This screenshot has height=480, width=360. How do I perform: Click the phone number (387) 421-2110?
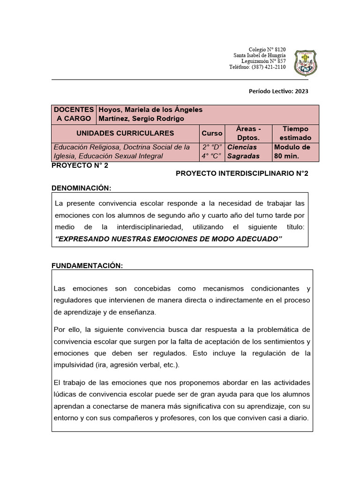click(268, 67)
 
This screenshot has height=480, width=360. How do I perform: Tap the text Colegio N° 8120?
click(267, 50)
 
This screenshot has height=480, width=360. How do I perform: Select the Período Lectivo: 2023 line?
click(278, 91)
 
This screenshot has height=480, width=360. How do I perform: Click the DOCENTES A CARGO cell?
click(74, 114)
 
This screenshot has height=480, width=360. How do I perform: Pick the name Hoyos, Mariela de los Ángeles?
click(150, 110)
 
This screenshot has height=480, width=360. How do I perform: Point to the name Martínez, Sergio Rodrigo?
click(141, 119)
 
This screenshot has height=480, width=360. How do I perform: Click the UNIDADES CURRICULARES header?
click(125, 133)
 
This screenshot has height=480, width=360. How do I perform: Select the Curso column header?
click(212, 133)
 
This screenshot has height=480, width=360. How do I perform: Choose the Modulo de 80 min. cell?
click(292, 151)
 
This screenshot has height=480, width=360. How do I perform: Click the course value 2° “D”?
click(211, 147)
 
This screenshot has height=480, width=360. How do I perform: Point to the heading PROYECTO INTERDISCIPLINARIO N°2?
click(242, 173)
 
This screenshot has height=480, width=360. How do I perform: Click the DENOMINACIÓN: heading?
click(81, 188)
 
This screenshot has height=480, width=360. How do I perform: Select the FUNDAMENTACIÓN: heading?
click(87, 266)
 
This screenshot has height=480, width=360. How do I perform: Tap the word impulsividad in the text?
click(73, 365)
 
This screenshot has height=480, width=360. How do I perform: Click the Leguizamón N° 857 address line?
click(263, 61)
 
